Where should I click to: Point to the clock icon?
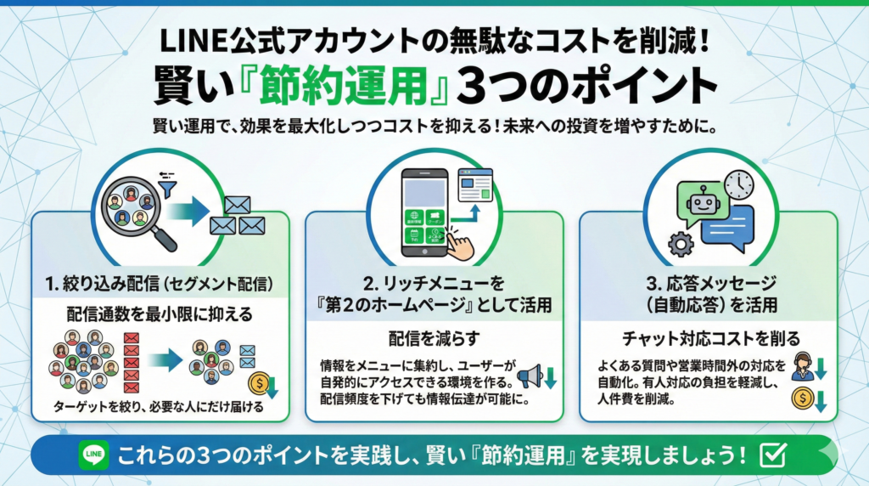tap(739, 184)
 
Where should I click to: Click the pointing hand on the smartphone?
tap(459, 244)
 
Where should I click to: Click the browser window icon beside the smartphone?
tap(475, 184)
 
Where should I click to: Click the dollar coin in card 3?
tap(801, 396)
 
